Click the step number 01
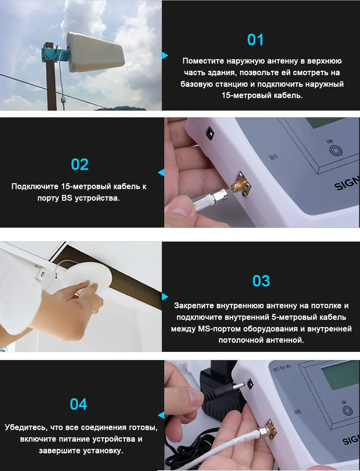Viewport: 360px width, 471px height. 255,40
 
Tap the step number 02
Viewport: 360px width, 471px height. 79,164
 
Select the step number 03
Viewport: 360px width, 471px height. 261,281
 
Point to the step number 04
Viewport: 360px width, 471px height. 79,404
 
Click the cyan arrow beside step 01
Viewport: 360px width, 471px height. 165,55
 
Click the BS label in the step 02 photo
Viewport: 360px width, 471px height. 274,157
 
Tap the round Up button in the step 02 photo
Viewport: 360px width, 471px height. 336,150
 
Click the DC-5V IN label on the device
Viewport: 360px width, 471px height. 282,368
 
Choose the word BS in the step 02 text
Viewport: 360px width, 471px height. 67,198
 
